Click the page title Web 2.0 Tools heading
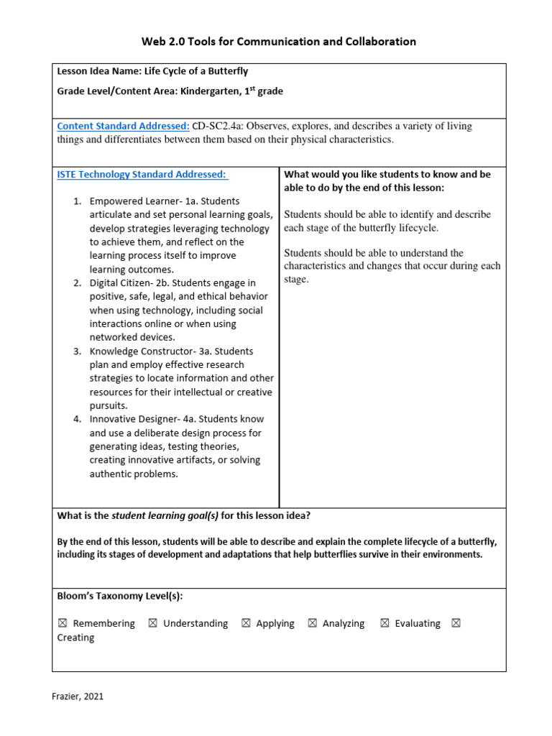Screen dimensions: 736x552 coord(278,42)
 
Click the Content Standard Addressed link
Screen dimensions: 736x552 coord(123,126)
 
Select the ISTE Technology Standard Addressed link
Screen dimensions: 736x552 coord(142,174)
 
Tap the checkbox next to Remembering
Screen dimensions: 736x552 coord(63,624)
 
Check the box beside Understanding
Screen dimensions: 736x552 coord(152,624)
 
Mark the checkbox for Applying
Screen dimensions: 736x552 coord(246,624)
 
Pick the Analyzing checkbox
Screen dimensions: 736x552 coord(312,624)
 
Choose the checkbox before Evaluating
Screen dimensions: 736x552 coord(385,624)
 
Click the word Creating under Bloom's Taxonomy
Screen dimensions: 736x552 coord(75,638)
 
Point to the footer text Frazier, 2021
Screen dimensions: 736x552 coord(78,696)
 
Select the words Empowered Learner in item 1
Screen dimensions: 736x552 coord(128,201)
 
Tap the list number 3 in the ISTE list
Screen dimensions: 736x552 coord(76,351)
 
